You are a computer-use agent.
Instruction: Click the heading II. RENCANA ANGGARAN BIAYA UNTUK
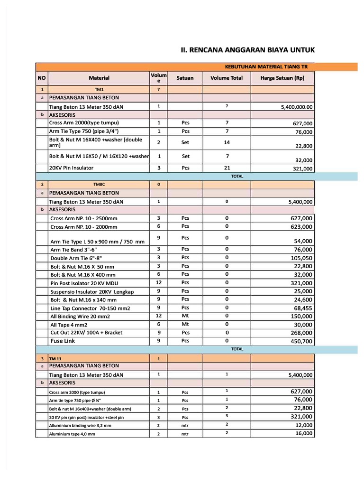tap(248, 50)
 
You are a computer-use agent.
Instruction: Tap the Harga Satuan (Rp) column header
tap(282, 78)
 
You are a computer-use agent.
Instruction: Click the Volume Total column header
tap(227, 78)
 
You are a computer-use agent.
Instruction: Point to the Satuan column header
tap(185, 78)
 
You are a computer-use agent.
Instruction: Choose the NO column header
tap(42, 78)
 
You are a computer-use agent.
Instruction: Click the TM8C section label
tap(99, 184)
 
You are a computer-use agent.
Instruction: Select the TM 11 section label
tap(56, 359)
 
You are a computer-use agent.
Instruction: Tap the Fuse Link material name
tap(63, 341)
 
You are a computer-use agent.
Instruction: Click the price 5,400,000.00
tap(297, 107)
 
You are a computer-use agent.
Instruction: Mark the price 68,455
tap(301, 308)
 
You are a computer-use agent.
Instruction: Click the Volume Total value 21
tap(227, 168)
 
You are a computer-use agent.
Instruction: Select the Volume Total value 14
tap(227, 142)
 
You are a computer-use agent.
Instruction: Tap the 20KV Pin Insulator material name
tap(71, 168)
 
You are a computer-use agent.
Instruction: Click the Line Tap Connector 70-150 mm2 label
tap(90, 308)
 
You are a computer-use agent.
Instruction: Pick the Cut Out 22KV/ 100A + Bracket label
tap(86, 333)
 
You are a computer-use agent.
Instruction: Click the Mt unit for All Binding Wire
tap(185, 316)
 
